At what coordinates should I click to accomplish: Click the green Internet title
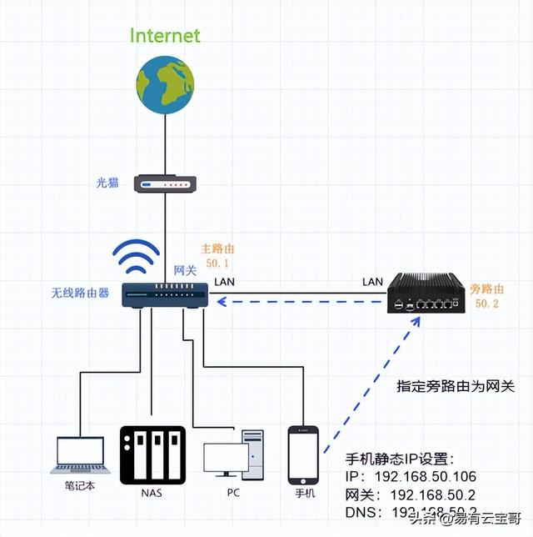[x=165, y=36]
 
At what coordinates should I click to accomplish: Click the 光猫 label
[x=106, y=183]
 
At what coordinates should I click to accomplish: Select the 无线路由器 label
[x=80, y=293]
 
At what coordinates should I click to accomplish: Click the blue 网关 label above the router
[x=184, y=270]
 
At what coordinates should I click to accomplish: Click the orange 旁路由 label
[x=487, y=289]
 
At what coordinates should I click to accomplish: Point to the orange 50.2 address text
[x=486, y=304]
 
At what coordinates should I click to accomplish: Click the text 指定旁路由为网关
[x=456, y=387]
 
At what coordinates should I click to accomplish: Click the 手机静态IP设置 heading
[x=401, y=458]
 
